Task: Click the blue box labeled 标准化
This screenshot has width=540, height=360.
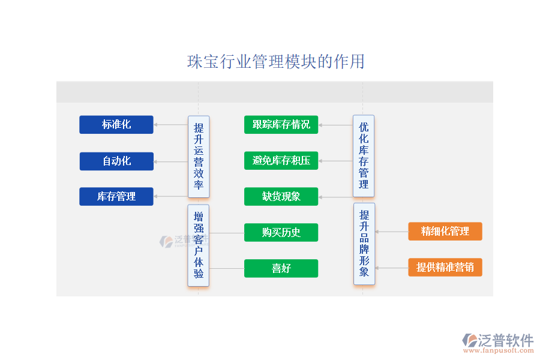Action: (116, 125)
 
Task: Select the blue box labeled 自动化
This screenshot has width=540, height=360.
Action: (116, 161)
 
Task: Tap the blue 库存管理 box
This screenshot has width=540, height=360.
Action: (116, 197)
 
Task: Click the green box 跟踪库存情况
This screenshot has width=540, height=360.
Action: (281, 125)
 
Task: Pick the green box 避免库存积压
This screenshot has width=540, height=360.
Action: (281, 161)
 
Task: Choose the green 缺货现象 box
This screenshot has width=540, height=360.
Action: (281, 197)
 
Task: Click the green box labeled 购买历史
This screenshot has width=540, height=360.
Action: (281, 233)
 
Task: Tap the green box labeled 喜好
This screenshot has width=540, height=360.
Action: (281, 268)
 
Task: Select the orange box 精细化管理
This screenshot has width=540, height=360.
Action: (445, 232)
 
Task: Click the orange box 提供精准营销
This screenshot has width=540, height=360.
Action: (445, 267)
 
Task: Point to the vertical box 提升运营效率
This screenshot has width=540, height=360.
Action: (199, 157)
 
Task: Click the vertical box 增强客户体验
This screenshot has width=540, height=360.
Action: (199, 245)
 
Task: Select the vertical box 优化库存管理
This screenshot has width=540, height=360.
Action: (364, 156)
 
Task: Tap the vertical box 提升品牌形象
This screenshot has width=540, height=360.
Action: (364, 244)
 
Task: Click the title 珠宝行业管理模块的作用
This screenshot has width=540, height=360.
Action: (276, 62)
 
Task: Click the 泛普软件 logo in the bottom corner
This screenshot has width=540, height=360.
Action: (497, 341)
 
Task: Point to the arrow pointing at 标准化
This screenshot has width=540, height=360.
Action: (170, 125)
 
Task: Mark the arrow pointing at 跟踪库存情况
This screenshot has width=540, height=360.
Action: (335, 125)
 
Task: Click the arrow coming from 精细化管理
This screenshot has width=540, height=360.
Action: (391, 232)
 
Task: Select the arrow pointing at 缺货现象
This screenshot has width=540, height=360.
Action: (335, 197)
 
